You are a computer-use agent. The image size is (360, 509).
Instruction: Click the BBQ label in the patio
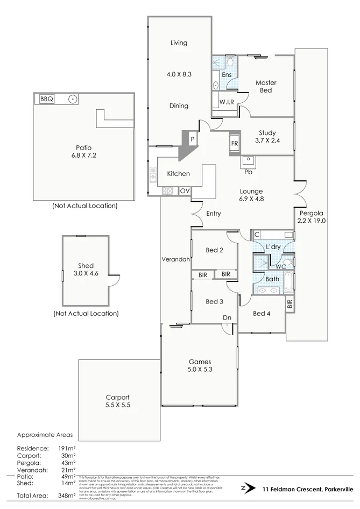point(46,98)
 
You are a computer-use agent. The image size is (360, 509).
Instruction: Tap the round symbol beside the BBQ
point(73,99)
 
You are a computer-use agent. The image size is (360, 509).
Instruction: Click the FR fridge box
point(235,144)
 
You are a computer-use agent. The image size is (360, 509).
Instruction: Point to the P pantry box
point(192,139)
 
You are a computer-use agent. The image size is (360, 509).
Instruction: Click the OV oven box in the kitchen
point(185,191)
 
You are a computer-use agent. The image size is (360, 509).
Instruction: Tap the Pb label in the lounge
point(248,172)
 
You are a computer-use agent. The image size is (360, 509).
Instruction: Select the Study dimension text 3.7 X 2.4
point(267,141)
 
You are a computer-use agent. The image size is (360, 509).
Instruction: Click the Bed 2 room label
point(214,250)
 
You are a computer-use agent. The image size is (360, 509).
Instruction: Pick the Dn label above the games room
point(227,317)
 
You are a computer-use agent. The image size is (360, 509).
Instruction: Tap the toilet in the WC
point(288,262)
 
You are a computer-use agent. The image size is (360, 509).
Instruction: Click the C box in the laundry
point(257,235)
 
